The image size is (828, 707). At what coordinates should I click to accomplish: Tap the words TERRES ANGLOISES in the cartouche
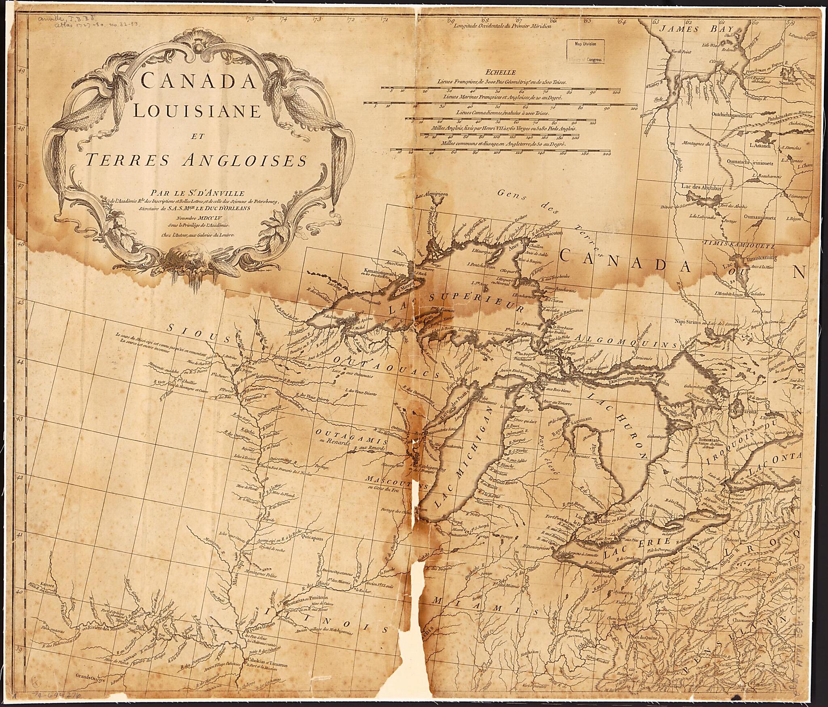point(196,160)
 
